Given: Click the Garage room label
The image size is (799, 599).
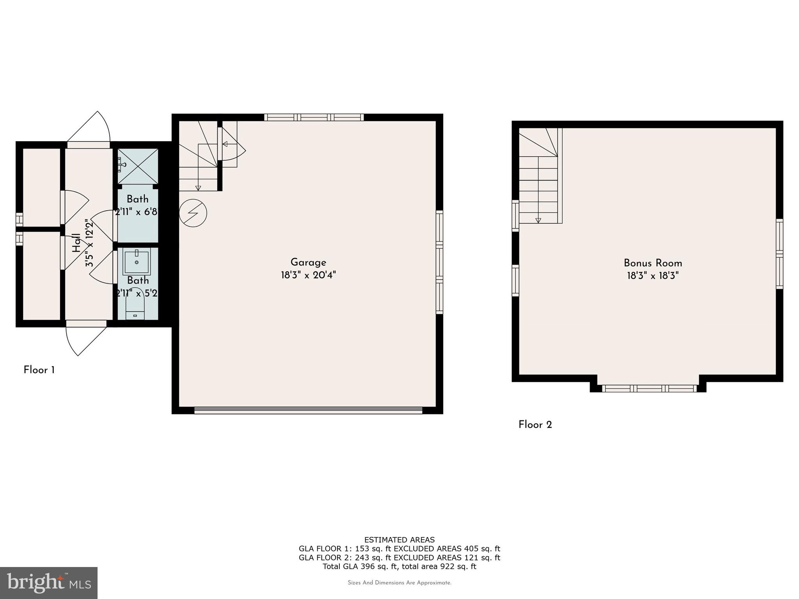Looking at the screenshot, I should point(308,262).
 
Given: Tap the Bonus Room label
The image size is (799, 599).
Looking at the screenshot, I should point(653,263).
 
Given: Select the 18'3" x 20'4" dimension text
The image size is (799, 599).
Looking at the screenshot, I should point(308,275).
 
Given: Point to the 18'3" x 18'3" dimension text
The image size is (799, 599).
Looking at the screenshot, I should point(653,276).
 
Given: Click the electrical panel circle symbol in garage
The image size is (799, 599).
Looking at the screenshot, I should point(193,213).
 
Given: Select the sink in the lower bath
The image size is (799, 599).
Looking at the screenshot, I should point(137,262).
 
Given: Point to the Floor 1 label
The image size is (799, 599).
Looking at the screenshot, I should point(39,370).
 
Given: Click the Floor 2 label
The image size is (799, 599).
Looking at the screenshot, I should point(535,425).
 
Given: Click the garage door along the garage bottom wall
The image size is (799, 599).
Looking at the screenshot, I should point(308,410).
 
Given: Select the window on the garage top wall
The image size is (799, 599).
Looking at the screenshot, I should point(314,117).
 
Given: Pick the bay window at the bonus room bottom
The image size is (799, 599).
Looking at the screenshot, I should point(649,388).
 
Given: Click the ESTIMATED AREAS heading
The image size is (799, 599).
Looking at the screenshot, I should point(399,540).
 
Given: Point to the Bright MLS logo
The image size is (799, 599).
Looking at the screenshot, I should point(48,583).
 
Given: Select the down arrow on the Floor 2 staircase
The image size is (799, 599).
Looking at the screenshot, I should point(538,220).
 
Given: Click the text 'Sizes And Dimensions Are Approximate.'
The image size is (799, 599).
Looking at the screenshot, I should point(399,583).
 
